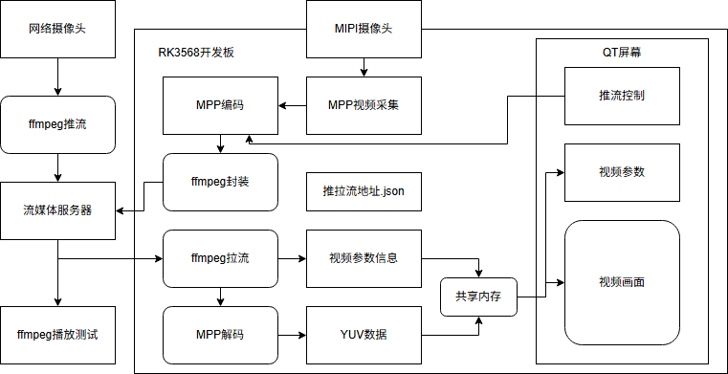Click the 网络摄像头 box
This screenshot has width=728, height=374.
click(x=57, y=29)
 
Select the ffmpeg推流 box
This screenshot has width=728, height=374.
click(x=57, y=124)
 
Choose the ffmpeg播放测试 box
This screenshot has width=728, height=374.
click(x=57, y=335)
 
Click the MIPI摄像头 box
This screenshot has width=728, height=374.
click(x=364, y=29)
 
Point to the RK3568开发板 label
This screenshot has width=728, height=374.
click(x=196, y=53)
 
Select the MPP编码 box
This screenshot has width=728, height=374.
click(x=220, y=105)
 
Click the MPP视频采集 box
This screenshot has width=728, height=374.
click(x=364, y=105)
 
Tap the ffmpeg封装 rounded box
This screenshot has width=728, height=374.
click(x=220, y=182)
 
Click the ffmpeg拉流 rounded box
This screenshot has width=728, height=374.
click(x=220, y=258)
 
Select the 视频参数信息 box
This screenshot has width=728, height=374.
click(x=364, y=258)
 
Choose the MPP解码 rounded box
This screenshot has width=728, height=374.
click(x=220, y=335)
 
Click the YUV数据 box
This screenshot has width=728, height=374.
click(x=364, y=335)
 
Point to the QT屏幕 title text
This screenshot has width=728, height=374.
click(x=622, y=53)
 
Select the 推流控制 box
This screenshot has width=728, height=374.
click(x=622, y=96)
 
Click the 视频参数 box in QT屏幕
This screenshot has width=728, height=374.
click(x=622, y=172)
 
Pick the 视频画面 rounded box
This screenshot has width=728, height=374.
click(x=622, y=282)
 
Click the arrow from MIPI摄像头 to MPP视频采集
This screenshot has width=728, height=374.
click(x=364, y=67)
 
